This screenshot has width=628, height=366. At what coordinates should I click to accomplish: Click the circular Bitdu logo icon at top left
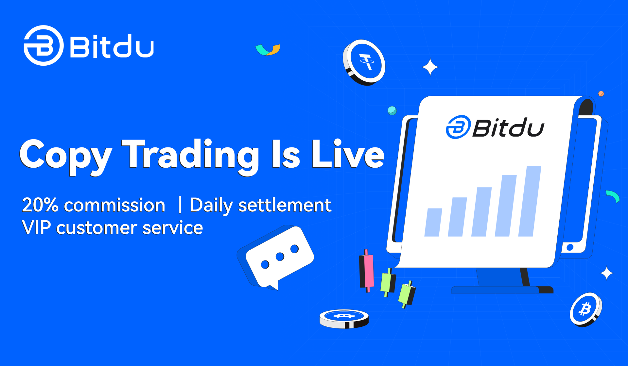coord(44,45)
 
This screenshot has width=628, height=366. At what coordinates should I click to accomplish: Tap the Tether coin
coord(364,62)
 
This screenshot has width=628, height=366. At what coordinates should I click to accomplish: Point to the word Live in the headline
coord(348,154)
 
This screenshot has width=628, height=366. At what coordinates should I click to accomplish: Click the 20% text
coord(40,205)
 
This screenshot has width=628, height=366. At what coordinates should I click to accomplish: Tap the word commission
coord(114,206)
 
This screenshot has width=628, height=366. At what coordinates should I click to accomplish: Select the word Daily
coord(211,206)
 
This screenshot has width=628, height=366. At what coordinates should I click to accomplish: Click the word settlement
coord(285,205)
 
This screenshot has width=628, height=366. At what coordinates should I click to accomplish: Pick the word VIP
coord(36,228)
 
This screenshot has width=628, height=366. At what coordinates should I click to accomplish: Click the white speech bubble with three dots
coord(280,257)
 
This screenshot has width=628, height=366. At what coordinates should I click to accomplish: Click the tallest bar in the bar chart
coord(530,201)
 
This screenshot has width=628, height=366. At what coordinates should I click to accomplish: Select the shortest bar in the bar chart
coord(433,222)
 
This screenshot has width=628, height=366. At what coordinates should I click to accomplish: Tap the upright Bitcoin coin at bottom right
coord(585,309)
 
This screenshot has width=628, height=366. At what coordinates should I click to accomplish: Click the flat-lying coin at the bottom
coord(344,319)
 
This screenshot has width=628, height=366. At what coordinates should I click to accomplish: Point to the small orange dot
coord(601,94)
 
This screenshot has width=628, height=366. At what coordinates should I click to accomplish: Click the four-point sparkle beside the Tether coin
coord(430,67)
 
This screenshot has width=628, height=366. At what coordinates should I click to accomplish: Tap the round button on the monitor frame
coord(570,247)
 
